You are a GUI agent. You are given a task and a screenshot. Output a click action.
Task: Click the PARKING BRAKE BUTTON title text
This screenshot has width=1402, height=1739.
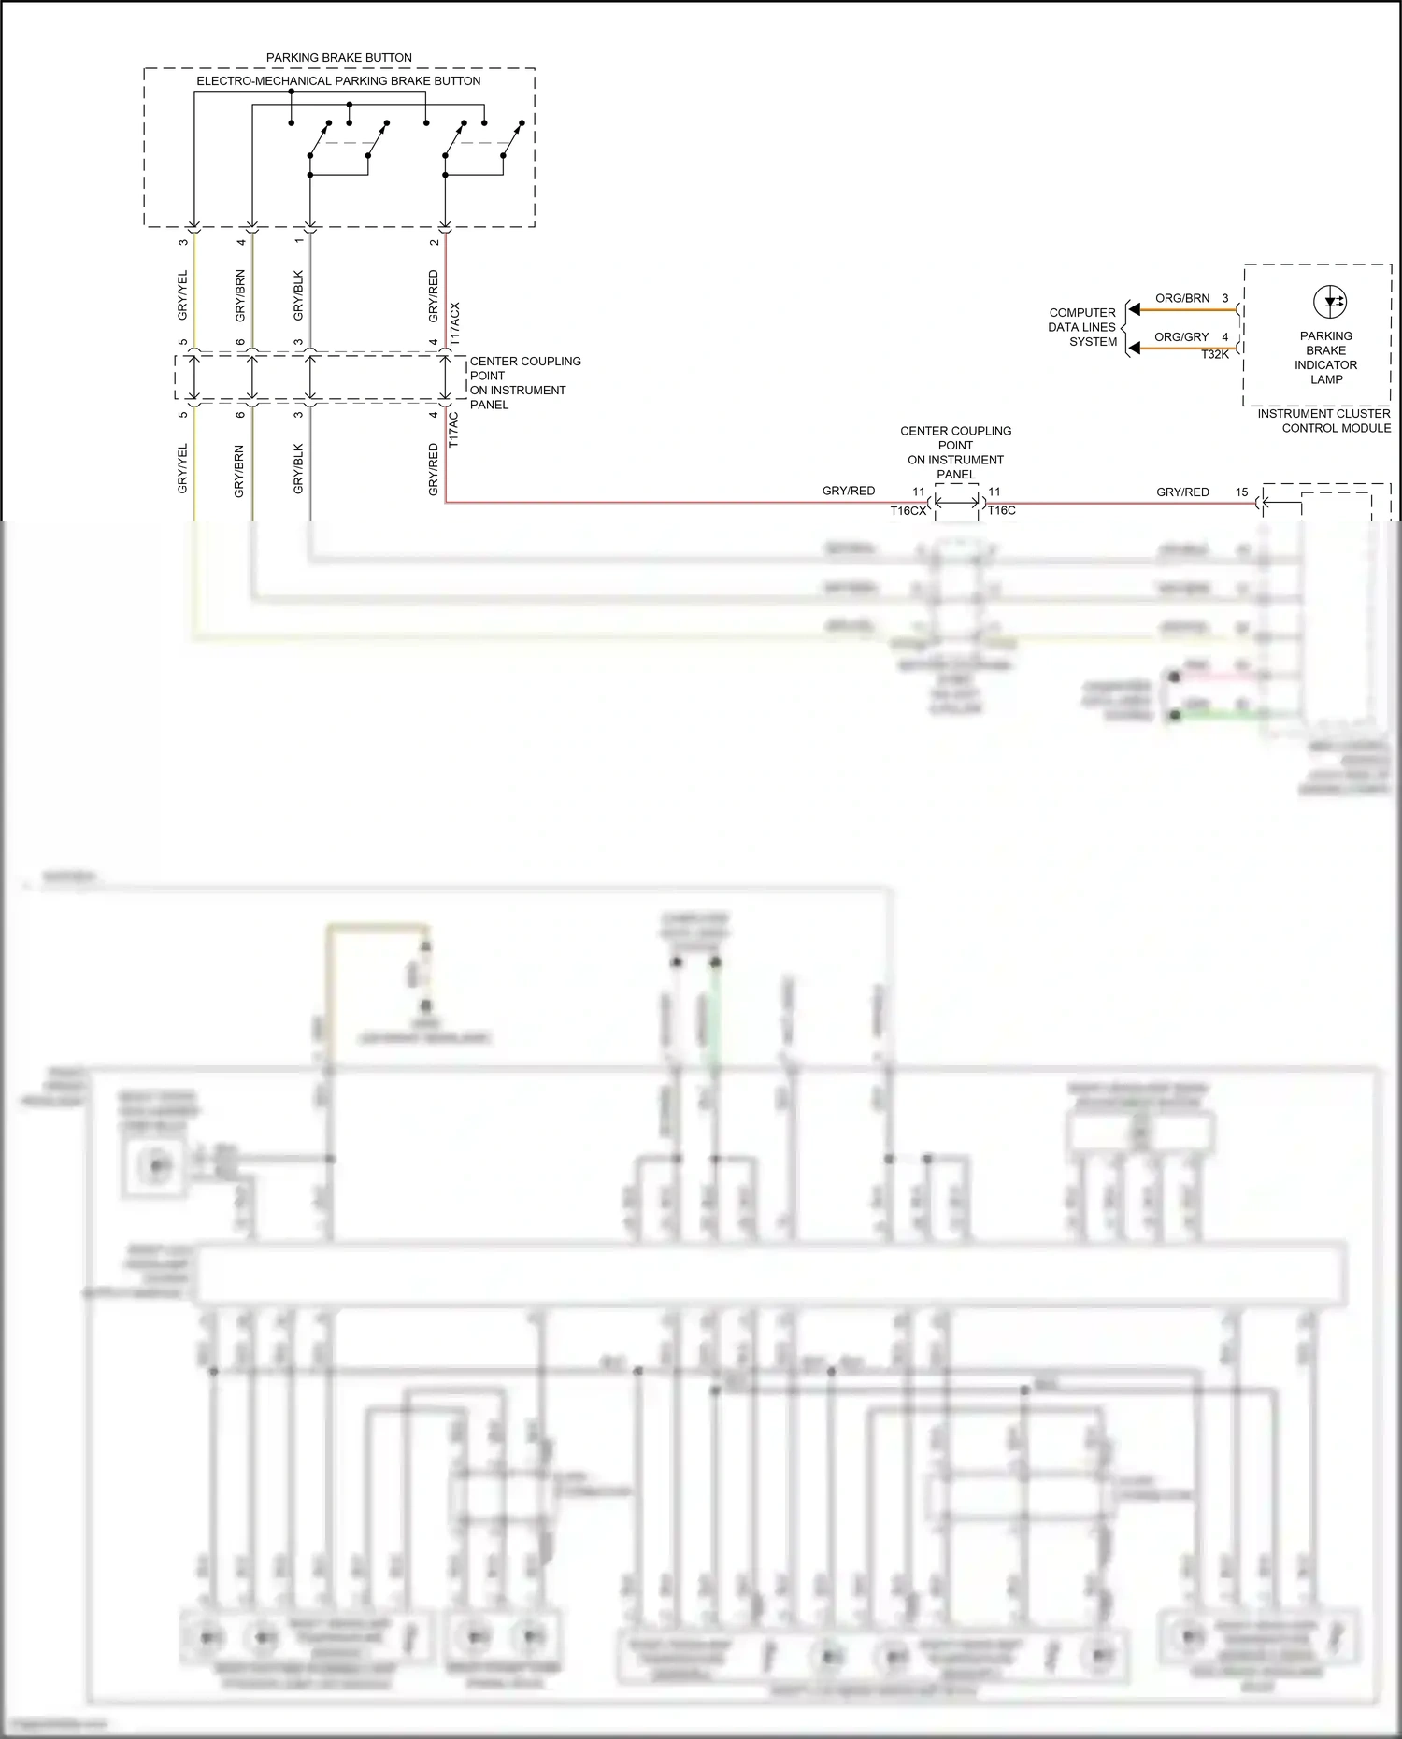(338, 58)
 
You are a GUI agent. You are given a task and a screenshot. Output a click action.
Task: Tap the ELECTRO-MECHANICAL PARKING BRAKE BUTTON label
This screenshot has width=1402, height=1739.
(338, 81)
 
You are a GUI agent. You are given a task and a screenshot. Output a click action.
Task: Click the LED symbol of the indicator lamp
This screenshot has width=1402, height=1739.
(1329, 302)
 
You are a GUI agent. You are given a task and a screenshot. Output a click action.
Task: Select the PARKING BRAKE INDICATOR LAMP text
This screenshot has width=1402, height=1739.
(1325, 358)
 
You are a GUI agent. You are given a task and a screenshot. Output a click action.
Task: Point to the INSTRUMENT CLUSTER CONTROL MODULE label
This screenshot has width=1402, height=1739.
(1323, 420)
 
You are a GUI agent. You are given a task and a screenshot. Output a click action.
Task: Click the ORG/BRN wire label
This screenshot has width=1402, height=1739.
(1182, 298)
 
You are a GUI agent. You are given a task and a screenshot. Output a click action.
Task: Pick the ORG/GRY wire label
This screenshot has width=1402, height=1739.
(1181, 336)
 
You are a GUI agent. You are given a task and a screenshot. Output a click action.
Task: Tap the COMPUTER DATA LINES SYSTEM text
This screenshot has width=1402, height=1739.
(1082, 327)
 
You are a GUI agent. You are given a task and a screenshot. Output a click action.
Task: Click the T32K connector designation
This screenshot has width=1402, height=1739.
(1215, 354)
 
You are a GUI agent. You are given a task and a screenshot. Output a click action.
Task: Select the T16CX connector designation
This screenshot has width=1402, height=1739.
(908, 510)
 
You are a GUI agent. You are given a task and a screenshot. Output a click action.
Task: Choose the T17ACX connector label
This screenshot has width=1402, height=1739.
(455, 324)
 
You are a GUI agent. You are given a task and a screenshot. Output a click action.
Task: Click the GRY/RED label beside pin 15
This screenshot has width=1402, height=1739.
(1182, 492)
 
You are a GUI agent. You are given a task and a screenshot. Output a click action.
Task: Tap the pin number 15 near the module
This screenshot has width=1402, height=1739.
(1241, 492)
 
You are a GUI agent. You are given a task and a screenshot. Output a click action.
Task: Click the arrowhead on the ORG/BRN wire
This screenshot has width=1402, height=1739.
(1134, 309)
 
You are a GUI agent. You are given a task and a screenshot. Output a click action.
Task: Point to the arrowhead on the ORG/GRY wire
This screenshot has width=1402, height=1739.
(1134, 349)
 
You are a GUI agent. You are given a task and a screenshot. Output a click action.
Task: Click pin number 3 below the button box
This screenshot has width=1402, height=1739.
(183, 242)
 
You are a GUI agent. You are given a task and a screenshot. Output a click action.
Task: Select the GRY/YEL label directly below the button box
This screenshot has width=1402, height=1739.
(182, 295)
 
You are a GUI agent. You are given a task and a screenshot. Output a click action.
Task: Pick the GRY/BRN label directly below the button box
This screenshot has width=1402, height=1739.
(240, 295)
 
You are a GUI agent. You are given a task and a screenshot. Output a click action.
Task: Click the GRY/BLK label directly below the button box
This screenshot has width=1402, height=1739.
(298, 295)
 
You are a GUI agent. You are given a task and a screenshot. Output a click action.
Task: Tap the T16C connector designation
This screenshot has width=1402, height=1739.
(1002, 510)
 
